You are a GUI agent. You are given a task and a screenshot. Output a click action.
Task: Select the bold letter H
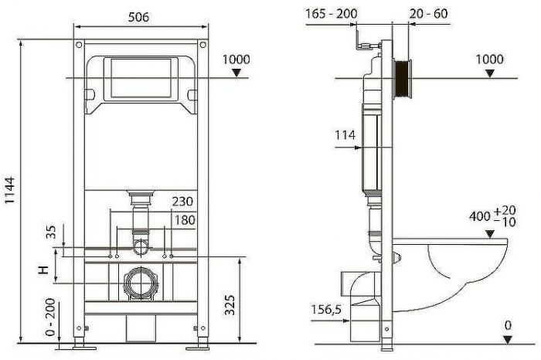(x=44, y=270)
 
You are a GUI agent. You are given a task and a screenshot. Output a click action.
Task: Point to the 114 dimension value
(x=345, y=135)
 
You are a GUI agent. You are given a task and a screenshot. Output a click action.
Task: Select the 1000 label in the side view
(x=488, y=59)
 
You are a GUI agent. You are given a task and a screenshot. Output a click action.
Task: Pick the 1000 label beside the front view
(x=236, y=59)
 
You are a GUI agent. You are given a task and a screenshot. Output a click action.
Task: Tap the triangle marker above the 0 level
(x=507, y=341)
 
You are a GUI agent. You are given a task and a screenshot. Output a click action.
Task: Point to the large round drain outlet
(x=140, y=283)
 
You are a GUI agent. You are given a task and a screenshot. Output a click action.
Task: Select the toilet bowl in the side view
(x=456, y=267)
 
